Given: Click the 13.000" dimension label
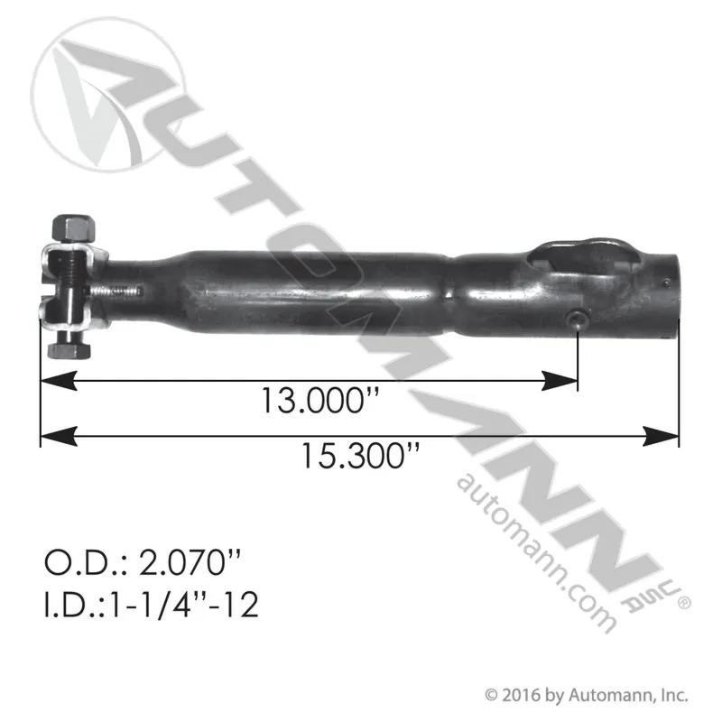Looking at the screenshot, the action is (319, 400).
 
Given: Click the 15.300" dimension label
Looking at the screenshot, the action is (360, 456).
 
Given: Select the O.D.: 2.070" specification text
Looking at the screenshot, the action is (143, 562).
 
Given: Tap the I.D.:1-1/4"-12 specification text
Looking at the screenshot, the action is (151, 604).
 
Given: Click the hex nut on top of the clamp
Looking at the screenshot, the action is (74, 228).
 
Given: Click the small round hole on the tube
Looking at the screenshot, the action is (576, 319).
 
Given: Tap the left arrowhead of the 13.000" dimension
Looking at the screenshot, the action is (59, 380).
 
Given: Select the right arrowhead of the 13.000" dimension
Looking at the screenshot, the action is (560, 380).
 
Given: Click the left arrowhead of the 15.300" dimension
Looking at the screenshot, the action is (59, 436).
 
